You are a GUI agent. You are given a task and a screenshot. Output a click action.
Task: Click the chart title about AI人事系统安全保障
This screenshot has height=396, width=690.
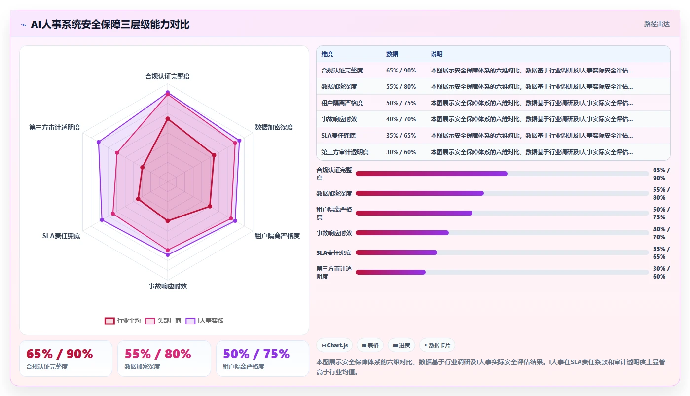click(x=110, y=24)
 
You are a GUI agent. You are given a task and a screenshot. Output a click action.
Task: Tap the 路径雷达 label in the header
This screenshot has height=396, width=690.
click(x=657, y=24)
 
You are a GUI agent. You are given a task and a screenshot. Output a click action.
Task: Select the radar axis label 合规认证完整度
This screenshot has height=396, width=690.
click(x=168, y=76)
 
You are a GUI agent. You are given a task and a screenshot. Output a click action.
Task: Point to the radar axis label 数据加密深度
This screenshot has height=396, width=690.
click(x=274, y=127)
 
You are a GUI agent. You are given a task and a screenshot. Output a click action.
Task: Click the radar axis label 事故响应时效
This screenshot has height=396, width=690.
click(x=168, y=286)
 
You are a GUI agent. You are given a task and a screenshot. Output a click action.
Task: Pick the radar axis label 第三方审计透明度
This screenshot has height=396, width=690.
click(x=55, y=127)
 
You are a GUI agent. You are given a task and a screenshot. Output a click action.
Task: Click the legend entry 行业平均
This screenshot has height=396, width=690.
click(x=123, y=321)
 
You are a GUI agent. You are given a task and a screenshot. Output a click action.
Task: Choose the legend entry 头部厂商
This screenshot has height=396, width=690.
click(x=163, y=321)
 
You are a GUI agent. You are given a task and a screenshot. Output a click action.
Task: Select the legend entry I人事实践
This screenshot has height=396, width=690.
click(x=204, y=321)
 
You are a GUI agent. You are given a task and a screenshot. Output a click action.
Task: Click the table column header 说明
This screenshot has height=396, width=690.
click(x=436, y=54)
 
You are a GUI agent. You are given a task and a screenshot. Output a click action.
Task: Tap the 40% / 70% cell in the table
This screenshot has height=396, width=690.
click(x=401, y=119)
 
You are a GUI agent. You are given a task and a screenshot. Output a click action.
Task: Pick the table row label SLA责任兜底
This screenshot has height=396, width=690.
click(x=338, y=136)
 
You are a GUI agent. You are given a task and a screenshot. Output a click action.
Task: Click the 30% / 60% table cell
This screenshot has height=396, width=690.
click(x=401, y=152)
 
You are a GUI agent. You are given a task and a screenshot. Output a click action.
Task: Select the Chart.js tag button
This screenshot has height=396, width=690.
click(x=334, y=345)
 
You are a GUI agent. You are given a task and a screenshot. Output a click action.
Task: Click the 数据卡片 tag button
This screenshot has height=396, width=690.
click(x=437, y=345)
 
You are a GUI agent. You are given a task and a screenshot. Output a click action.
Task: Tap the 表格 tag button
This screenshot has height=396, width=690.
click(x=370, y=345)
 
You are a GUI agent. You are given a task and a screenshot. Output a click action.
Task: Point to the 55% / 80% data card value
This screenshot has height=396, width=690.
click(x=158, y=354)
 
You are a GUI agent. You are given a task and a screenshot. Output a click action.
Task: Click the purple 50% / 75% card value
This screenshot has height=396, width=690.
click(x=256, y=354)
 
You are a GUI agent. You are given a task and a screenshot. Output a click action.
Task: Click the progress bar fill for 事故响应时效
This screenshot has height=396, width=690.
click(x=402, y=233)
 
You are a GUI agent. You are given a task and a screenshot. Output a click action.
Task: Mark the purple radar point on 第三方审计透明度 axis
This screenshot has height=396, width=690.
click(x=99, y=142)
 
